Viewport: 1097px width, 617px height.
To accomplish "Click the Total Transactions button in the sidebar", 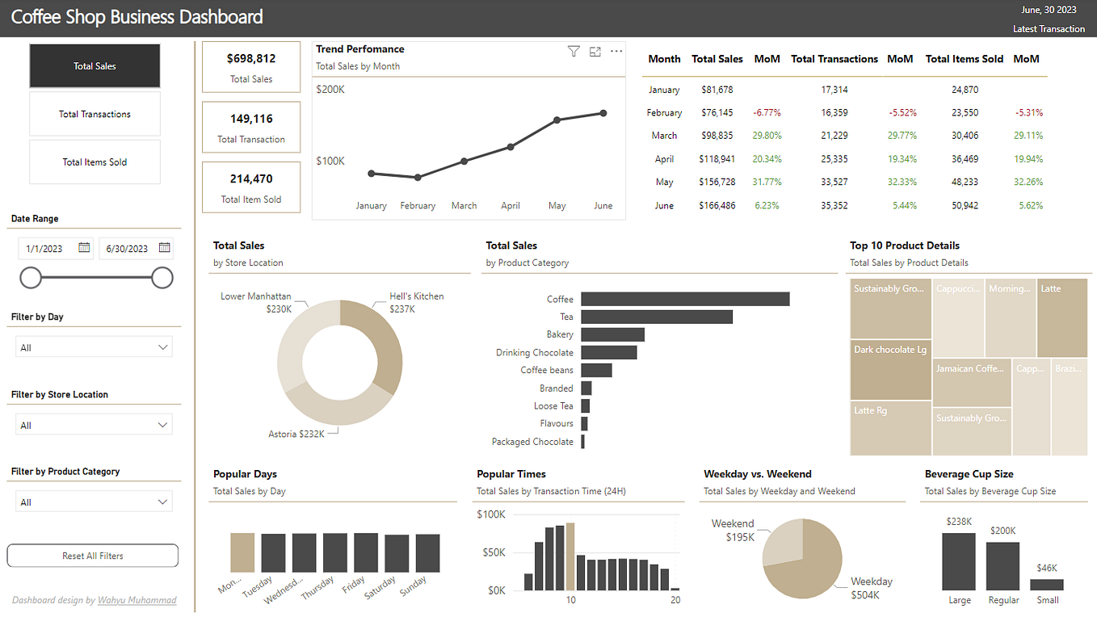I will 95,114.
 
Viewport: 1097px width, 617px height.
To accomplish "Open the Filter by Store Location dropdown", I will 94,425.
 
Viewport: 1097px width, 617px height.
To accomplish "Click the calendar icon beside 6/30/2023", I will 164,248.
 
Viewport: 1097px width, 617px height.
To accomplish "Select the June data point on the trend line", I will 603,113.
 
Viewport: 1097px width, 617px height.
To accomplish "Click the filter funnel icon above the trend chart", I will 574,52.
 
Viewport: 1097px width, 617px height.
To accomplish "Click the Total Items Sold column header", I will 964,59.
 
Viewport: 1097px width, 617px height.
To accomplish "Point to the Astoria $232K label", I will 296,434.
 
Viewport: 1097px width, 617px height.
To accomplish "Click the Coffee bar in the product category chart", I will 684,299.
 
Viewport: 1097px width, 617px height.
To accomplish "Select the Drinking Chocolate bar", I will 608,352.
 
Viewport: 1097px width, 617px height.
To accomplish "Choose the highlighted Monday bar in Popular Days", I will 242,552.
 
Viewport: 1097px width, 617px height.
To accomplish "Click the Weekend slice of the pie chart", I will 782,541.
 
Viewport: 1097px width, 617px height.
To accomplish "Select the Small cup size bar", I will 1046,585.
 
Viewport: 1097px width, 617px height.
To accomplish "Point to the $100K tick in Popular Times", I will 490,514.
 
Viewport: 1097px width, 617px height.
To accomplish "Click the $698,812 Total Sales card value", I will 251,59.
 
